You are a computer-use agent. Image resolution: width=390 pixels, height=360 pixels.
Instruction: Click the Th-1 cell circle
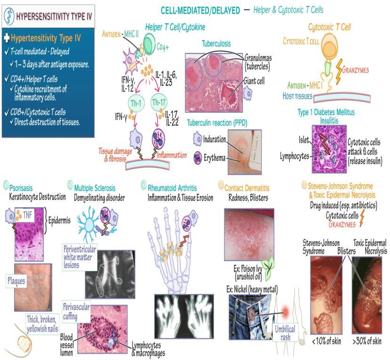pyautogui.click(x=136, y=103)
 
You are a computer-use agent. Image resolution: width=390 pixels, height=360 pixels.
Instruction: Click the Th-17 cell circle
pyautogui.click(x=159, y=102)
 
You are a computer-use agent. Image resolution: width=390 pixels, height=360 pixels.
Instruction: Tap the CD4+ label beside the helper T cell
pyautogui.click(x=163, y=47)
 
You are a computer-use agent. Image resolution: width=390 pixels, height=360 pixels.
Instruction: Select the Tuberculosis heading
pyautogui.click(x=216, y=44)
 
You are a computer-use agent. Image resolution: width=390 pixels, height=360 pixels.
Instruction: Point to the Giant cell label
pyautogui.click(x=254, y=81)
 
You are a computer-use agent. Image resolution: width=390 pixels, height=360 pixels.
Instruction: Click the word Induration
pyautogui.click(x=215, y=139)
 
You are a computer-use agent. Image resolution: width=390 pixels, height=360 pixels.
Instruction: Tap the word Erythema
pyautogui.click(x=215, y=158)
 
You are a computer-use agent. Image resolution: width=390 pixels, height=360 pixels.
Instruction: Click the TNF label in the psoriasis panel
pyautogui.click(x=28, y=215)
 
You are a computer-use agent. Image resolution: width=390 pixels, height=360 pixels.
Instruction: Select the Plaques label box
pyautogui.click(x=16, y=281)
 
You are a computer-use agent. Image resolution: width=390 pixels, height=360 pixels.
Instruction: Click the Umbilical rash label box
pyautogui.click(x=285, y=333)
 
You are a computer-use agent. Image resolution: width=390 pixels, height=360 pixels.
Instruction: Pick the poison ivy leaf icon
pyautogui.click(x=268, y=268)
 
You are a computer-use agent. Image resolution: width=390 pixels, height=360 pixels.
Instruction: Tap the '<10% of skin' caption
pyautogui.click(x=326, y=341)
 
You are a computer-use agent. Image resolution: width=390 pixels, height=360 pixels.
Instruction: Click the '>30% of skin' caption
pyautogui.click(x=367, y=341)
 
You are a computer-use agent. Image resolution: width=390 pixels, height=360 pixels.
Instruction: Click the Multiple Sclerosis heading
pyautogui.click(x=95, y=188)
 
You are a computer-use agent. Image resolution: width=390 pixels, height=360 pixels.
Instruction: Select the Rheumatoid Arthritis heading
pyautogui.click(x=172, y=188)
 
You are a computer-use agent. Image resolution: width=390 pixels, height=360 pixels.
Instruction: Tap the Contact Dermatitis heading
pyautogui.click(x=247, y=188)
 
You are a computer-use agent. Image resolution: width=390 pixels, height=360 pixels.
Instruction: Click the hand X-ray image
pyautogui.click(x=184, y=316)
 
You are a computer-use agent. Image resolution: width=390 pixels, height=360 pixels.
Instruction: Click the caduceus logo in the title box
pyautogui.click(x=9, y=16)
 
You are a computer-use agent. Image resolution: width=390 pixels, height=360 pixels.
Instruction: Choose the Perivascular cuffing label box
pyautogui.click(x=76, y=312)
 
